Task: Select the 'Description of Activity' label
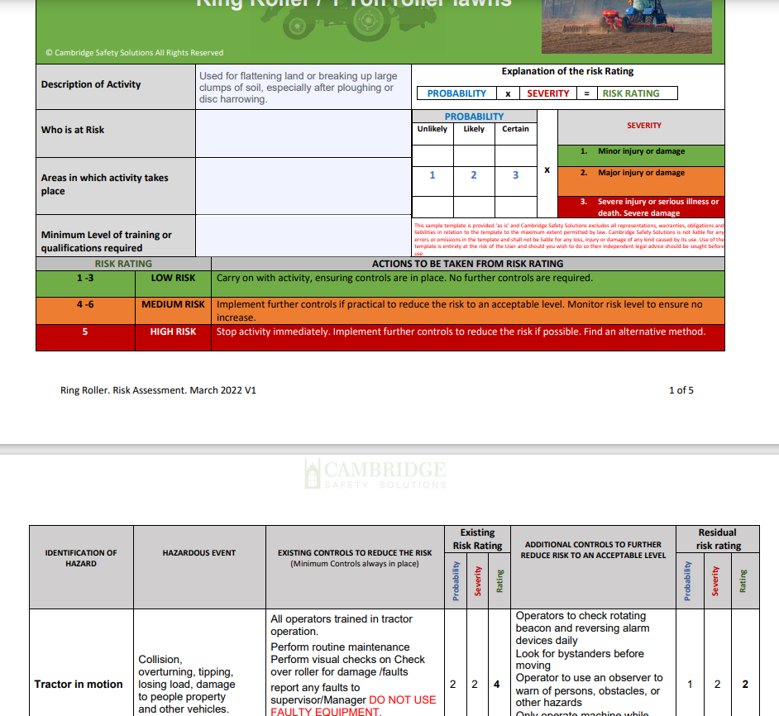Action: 91,84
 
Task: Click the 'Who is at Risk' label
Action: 73,130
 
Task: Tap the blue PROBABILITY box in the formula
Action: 456,93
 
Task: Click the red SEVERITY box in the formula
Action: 548,93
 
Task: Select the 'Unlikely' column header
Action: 433,129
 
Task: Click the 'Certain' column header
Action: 515,129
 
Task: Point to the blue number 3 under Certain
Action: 516,175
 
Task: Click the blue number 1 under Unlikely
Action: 433,175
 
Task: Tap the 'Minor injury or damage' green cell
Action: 641,152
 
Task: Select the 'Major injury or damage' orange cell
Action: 641,174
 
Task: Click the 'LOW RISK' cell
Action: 173,279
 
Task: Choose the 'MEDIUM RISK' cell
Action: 173,304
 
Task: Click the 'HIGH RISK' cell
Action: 173,332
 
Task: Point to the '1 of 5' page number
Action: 681,390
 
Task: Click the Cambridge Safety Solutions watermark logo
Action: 375,475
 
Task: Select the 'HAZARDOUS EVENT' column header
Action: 199,553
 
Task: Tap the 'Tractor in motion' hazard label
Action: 79,684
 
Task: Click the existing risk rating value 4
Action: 497,684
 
